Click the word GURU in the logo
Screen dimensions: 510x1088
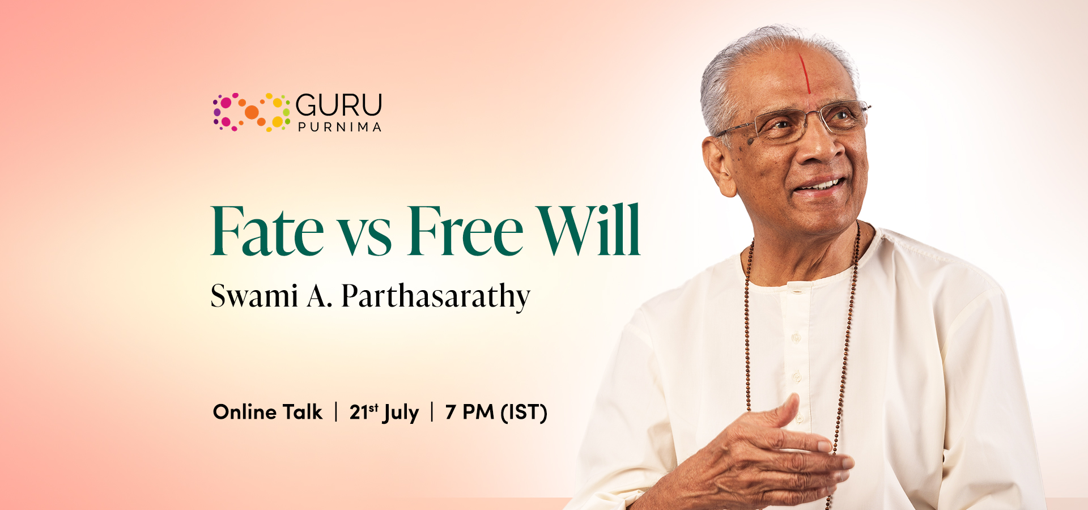339,105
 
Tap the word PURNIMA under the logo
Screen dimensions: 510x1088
339,127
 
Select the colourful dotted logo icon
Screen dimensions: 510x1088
251,112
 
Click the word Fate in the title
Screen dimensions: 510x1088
267,232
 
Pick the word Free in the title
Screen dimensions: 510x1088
465,232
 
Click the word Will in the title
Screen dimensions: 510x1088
588,231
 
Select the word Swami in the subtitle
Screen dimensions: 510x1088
254,296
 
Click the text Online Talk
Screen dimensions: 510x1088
267,412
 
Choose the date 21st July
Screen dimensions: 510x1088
384,413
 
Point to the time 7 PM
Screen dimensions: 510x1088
469,412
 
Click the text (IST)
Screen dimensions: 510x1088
524,413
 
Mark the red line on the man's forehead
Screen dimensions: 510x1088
805,74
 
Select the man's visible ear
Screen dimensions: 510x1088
719,164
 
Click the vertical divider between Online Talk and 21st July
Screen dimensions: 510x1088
336,412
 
